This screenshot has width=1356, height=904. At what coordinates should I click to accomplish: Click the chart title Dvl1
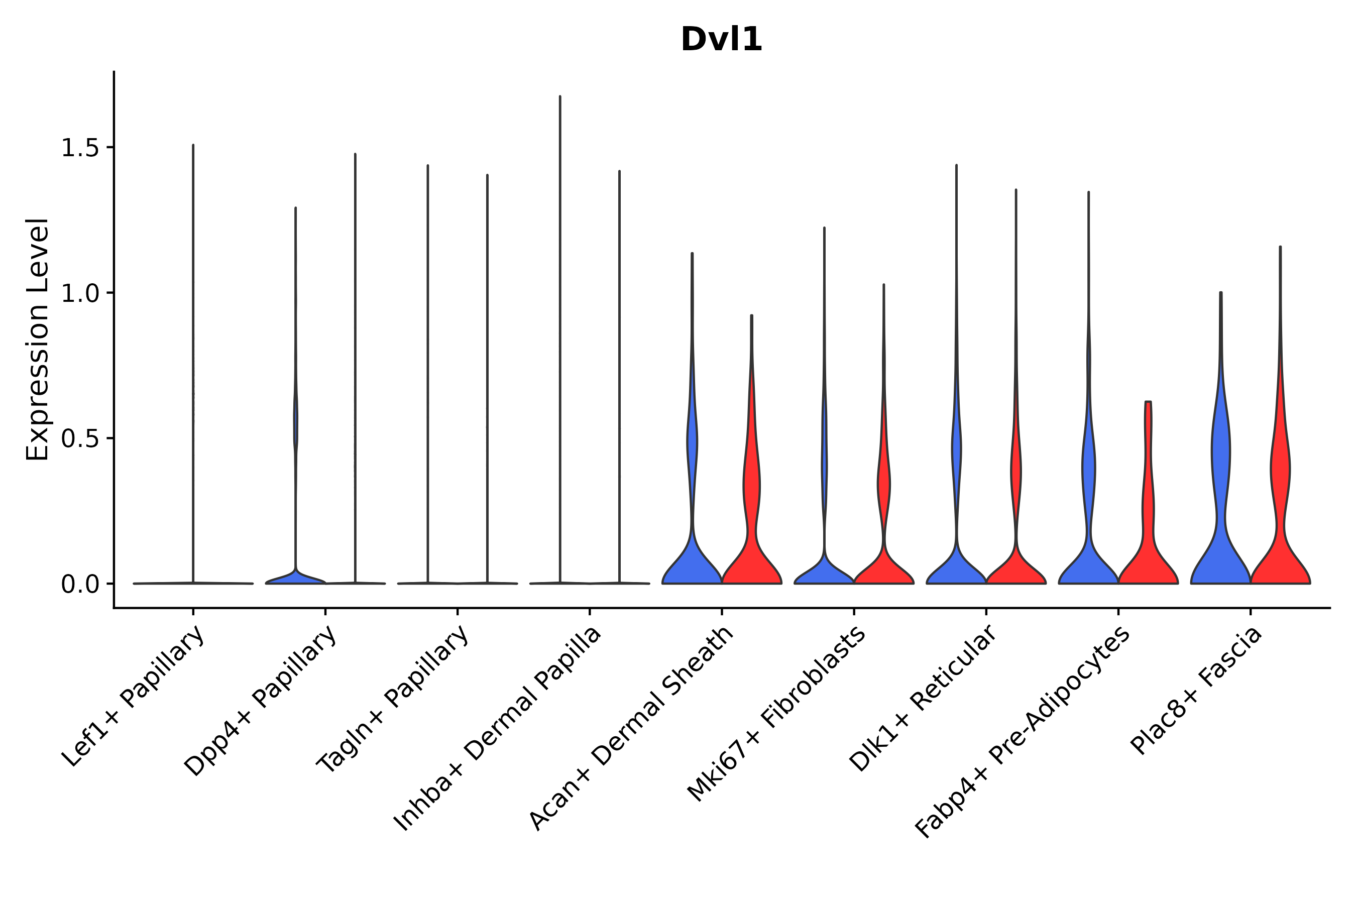coord(721,40)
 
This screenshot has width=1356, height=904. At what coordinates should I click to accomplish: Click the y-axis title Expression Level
coord(38,340)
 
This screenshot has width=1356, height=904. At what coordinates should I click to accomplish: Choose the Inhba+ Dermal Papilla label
coord(498,729)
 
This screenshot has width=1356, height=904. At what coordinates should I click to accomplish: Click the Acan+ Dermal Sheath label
coord(632,729)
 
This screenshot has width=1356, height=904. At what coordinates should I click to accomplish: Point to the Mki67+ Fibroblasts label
coord(776,714)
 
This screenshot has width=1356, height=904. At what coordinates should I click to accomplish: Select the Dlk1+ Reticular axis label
coord(923,698)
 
